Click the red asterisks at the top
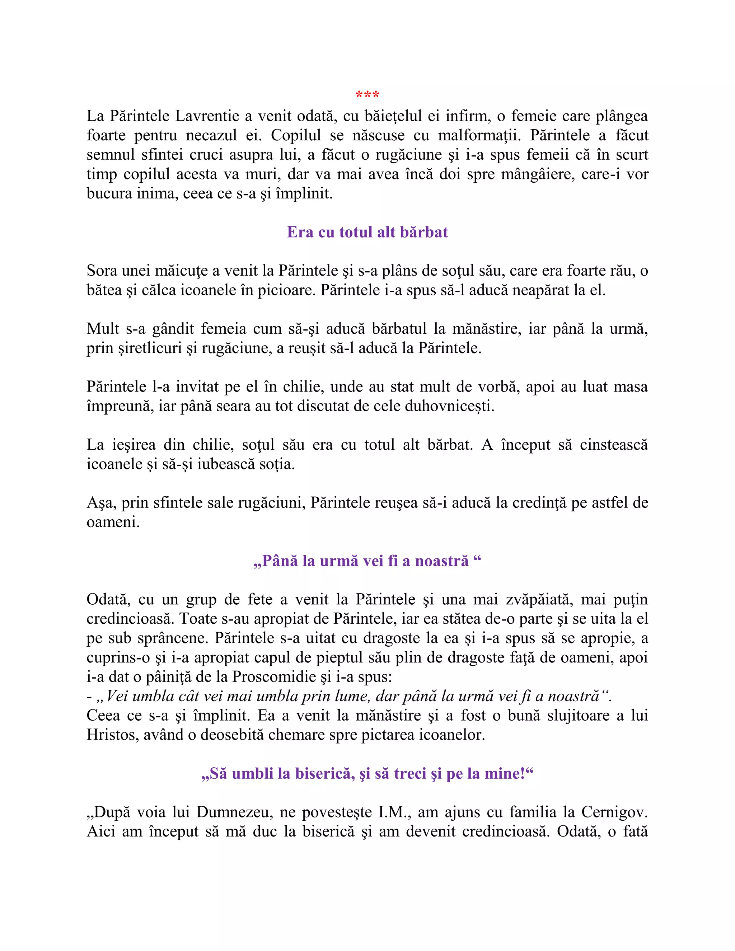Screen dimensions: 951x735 [367, 94]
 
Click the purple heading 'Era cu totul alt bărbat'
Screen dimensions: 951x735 [367, 232]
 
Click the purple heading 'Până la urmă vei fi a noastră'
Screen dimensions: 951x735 [367, 561]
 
